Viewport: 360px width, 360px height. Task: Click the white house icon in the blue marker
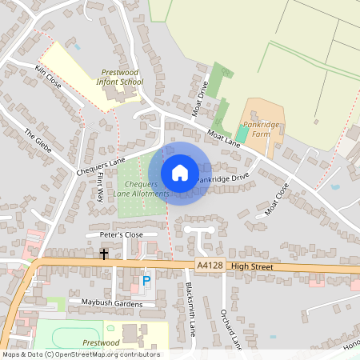180,173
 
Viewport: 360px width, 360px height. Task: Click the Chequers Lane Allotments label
141,189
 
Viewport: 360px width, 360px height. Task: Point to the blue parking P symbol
146,281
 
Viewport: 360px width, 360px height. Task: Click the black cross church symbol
104,254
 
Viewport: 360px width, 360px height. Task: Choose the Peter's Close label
121,234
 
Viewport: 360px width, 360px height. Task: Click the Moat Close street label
277,199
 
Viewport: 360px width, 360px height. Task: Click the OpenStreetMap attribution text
80,354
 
